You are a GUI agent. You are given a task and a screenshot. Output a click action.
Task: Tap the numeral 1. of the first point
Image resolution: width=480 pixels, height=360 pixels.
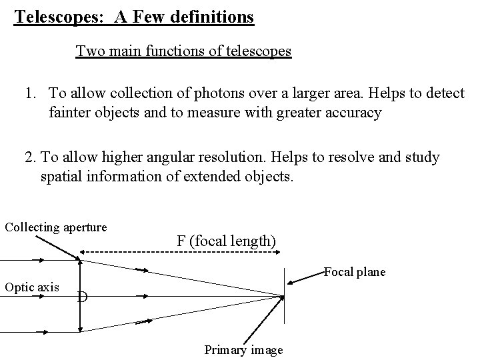[x=31, y=93]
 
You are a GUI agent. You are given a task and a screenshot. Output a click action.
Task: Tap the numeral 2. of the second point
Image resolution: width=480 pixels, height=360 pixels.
[x=30, y=157]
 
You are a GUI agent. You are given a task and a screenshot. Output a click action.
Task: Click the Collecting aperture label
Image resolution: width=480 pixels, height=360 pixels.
[x=56, y=227]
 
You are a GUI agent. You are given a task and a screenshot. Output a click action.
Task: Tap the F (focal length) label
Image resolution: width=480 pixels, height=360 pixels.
[x=226, y=241]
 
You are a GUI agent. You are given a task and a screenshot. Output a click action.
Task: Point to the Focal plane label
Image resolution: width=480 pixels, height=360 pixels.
[x=354, y=272]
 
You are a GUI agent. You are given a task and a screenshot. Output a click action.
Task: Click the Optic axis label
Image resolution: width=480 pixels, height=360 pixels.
[x=32, y=287]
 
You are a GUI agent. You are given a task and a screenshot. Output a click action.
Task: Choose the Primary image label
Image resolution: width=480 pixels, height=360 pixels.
[x=243, y=349]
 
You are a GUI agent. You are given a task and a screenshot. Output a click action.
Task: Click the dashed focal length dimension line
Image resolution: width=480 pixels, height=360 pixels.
[x=180, y=252]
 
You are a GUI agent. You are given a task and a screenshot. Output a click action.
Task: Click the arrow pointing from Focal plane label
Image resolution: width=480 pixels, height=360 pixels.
[x=307, y=279]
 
